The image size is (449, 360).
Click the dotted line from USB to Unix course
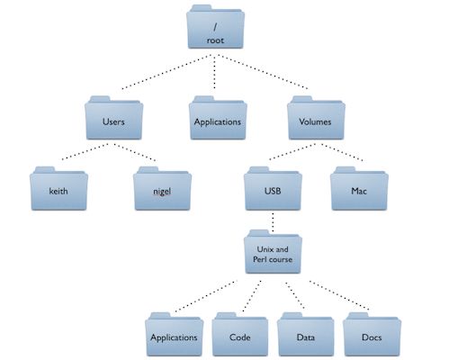[x=271, y=220]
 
